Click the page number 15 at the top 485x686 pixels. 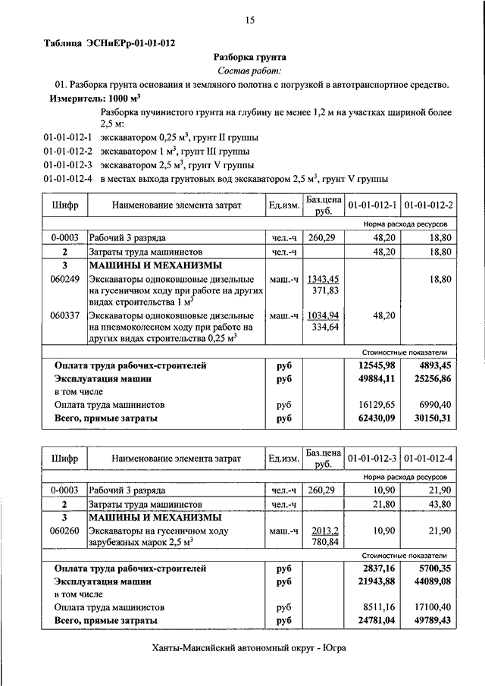[x=249, y=20]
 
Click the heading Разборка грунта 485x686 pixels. [x=249, y=57]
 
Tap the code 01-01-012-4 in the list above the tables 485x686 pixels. [x=67, y=180]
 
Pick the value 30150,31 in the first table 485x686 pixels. [x=429, y=417]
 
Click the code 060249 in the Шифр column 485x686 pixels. [x=64, y=279]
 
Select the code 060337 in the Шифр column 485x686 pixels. [x=64, y=315]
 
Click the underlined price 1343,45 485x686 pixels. [x=322, y=279]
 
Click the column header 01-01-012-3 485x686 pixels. [x=373, y=459]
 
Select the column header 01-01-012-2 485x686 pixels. [x=429, y=205]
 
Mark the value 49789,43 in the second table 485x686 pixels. [x=429, y=620]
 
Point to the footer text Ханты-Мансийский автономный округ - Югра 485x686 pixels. [x=249, y=648]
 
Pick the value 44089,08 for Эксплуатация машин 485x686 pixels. [x=429, y=581]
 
